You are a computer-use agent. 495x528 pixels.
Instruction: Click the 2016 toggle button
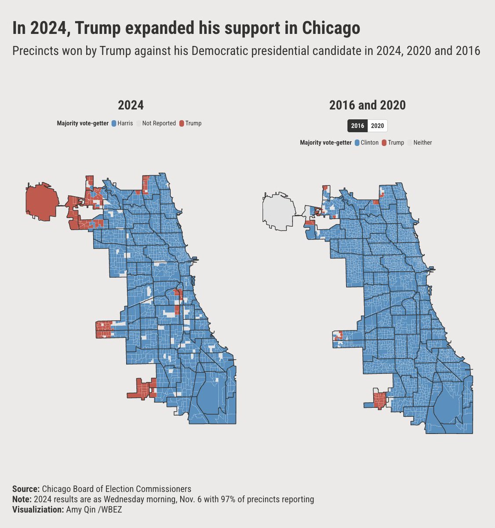(x=357, y=126)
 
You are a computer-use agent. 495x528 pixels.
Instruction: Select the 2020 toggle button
(x=377, y=126)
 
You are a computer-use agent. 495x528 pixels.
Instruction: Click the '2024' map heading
(x=131, y=105)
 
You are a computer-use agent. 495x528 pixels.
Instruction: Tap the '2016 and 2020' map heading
(x=367, y=105)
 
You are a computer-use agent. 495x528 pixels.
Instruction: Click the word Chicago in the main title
(x=331, y=29)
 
